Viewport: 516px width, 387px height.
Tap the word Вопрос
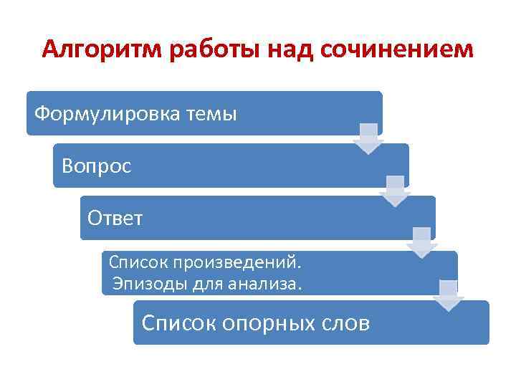pos(97,166)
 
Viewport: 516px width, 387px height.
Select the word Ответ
pos(115,217)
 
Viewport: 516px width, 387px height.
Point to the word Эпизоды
pos(148,284)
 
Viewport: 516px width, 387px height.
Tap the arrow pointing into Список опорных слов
pos(448,295)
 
